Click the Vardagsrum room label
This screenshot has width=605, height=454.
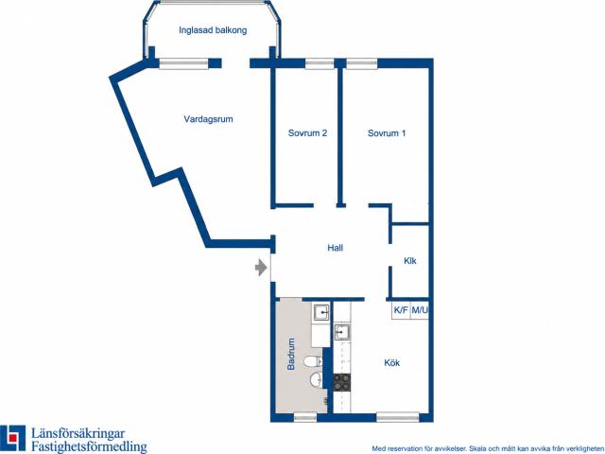(x=208, y=119)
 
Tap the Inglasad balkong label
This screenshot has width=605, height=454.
(x=213, y=30)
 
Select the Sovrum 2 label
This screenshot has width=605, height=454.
(x=307, y=133)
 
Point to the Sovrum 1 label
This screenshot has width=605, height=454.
(x=387, y=133)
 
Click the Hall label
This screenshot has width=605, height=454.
(x=335, y=248)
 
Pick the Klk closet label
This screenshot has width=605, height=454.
(x=409, y=261)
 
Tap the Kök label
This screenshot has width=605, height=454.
(x=391, y=363)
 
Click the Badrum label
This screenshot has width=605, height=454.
(x=291, y=354)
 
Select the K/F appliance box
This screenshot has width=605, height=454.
(x=401, y=310)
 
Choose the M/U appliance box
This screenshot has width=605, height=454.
(x=420, y=310)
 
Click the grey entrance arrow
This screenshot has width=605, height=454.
(x=261, y=268)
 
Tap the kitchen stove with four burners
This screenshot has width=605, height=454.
(x=342, y=382)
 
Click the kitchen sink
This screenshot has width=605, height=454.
(x=342, y=332)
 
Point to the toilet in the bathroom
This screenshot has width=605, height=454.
(x=313, y=361)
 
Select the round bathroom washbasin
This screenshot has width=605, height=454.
(x=316, y=380)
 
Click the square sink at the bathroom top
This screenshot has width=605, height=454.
(x=321, y=312)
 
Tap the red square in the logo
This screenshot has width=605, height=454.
(x=12, y=438)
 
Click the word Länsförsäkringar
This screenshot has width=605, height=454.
(x=78, y=433)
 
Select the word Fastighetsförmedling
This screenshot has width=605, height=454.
(x=89, y=446)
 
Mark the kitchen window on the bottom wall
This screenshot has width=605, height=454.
(x=397, y=417)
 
